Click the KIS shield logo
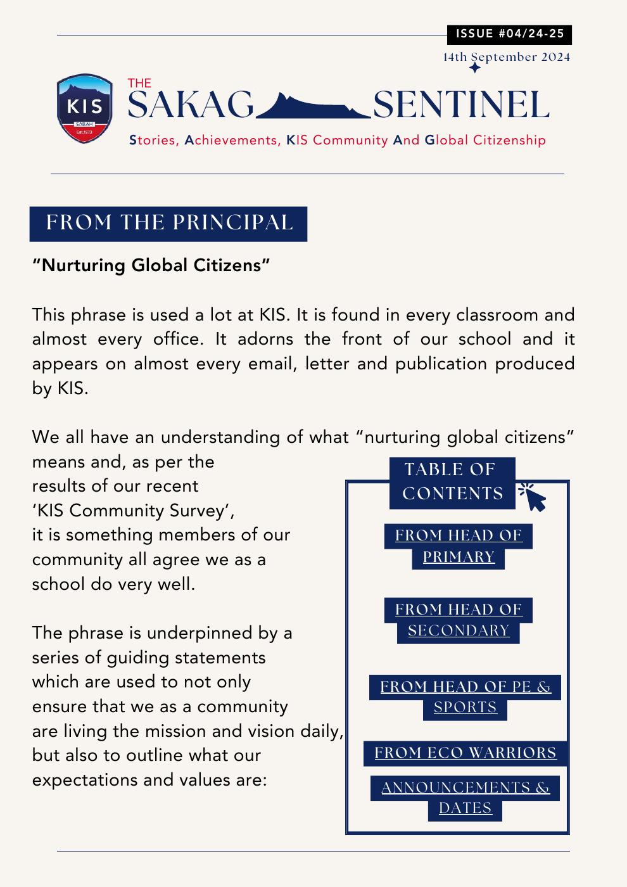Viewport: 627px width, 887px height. tap(85, 108)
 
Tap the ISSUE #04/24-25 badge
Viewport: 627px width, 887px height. tap(509, 34)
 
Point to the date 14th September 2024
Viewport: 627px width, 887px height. tap(506, 57)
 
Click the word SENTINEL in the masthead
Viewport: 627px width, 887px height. tap(460, 105)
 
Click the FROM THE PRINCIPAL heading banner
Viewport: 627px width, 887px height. tap(168, 223)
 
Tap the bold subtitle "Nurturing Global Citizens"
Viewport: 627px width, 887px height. tap(151, 265)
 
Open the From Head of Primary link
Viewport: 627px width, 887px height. tap(459, 546)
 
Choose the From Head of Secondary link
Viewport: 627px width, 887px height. tap(459, 620)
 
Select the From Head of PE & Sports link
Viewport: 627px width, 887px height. tap(465, 696)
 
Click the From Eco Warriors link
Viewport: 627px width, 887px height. tap(465, 753)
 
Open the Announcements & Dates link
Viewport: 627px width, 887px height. tap(465, 797)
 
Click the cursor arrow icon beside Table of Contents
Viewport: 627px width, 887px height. tap(533, 497)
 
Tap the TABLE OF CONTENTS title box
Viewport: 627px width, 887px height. tap(452, 482)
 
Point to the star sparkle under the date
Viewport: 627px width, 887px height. tap(474, 67)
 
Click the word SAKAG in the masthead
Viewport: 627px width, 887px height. tap(191, 105)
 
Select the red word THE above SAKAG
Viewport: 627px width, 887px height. tap(139, 83)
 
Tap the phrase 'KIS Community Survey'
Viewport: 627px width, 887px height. tap(137, 510)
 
